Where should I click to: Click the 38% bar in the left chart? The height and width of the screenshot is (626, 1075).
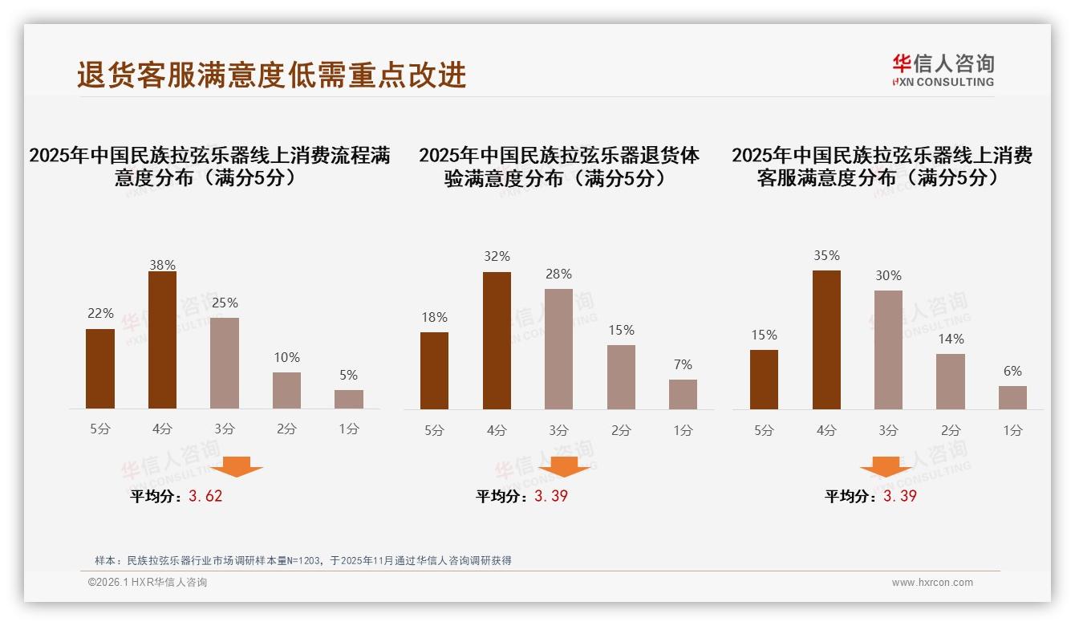[x=162, y=340]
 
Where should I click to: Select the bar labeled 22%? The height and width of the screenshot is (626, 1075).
[x=100, y=368]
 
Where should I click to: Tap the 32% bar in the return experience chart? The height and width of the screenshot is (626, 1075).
[x=497, y=340]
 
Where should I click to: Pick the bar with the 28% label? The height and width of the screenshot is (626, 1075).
[x=558, y=348]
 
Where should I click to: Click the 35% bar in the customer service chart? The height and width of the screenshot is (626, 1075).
[x=826, y=339]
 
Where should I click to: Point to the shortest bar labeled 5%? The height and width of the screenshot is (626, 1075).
[x=349, y=399]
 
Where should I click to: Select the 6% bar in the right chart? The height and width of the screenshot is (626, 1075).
[x=1012, y=397]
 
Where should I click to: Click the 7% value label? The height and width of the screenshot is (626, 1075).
[x=683, y=364]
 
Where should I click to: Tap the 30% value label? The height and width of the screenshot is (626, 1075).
[x=888, y=275]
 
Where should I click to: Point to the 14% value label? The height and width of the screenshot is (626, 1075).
[x=951, y=339]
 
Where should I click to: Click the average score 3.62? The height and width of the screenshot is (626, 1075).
[x=205, y=496]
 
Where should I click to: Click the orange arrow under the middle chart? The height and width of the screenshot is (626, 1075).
[x=564, y=466]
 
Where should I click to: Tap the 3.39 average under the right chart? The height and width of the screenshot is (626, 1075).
[x=899, y=496]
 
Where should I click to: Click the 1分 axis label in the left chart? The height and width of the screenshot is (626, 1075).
[x=349, y=429]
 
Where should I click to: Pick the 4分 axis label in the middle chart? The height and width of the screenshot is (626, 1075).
[x=497, y=430]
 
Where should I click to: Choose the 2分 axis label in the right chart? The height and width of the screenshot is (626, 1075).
[x=951, y=430]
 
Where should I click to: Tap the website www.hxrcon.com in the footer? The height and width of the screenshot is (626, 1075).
[x=932, y=583]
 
